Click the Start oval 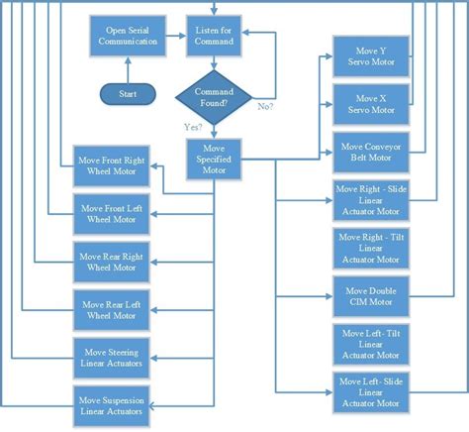(129, 94)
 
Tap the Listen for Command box (214, 36)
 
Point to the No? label (265, 105)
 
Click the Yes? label (194, 127)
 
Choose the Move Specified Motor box (214, 160)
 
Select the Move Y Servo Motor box (365, 57)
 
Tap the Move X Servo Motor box (365, 104)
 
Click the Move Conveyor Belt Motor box (365, 153)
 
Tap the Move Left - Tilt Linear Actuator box (365, 342)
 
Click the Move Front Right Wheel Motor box (111, 166)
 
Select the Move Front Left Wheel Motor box (111, 213)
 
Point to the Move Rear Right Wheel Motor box (111, 261)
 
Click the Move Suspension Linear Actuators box (111, 404)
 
